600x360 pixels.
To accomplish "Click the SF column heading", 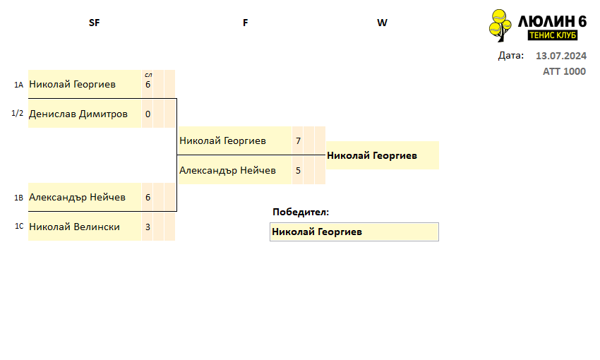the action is (x=94, y=23).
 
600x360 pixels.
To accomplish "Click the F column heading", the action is (x=245, y=23).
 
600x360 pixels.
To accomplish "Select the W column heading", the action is (x=382, y=23).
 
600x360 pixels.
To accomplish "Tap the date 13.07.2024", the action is (x=561, y=56).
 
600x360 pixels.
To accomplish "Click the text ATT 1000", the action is (x=564, y=71).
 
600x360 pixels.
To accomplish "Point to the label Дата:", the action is (x=511, y=56).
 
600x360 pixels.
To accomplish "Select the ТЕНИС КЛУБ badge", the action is (x=553, y=35).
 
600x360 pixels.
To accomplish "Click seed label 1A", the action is (x=19, y=85).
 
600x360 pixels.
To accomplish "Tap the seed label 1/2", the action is (x=17, y=113).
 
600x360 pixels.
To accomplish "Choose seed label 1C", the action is (x=19, y=226).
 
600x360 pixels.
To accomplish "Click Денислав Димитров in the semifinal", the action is (x=78, y=114).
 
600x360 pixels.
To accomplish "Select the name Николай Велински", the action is (x=74, y=227).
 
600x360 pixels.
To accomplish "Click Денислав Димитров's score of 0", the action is (x=148, y=114).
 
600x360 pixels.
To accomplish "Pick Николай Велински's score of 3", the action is (x=148, y=227).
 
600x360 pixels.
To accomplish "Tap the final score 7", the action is (x=298, y=140).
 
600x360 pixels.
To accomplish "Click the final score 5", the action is (x=298, y=170).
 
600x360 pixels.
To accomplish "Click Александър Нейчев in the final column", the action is (x=227, y=170).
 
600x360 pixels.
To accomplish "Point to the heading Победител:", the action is (x=301, y=212).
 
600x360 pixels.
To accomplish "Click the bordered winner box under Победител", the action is (x=354, y=232).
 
